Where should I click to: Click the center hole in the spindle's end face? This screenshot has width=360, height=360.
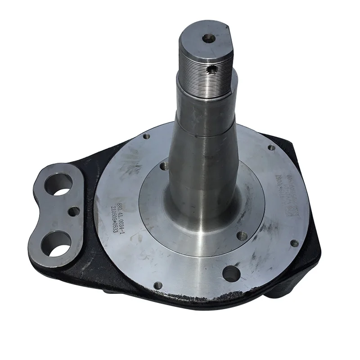(x=208, y=38)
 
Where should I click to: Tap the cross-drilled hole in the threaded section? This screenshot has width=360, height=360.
(x=210, y=70)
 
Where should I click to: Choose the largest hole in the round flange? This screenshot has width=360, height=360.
(x=231, y=274)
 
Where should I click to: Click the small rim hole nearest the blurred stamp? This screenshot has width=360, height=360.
(x=271, y=148)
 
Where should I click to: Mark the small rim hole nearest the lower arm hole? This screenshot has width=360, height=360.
(x=158, y=285)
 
